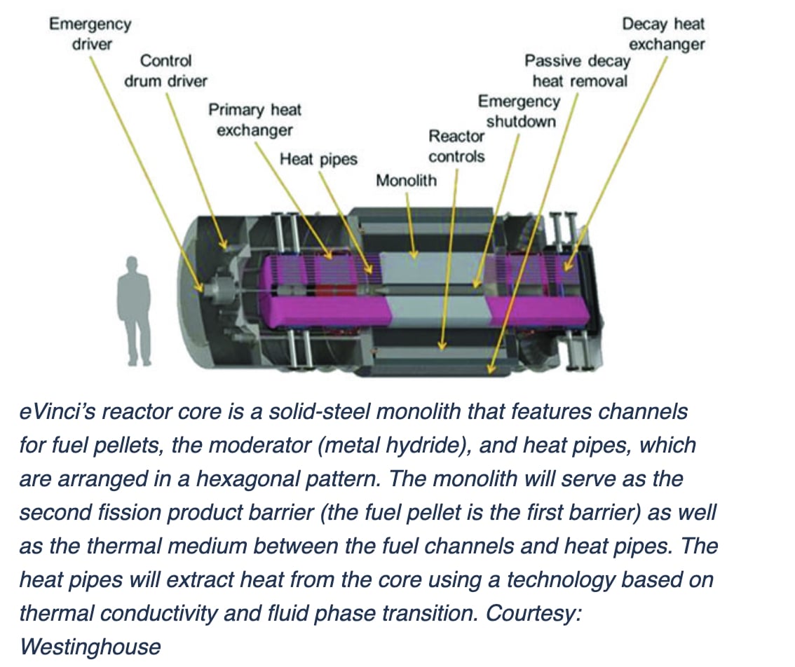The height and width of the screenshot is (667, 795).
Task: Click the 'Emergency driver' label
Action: click(x=89, y=33)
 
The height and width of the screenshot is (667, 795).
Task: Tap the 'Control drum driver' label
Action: click(x=165, y=71)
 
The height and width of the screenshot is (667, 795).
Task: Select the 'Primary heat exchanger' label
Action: click(x=254, y=120)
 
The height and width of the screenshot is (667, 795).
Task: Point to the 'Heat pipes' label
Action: click(x=318, y=159)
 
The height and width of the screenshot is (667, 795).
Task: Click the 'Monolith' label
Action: click(x=406, y=181)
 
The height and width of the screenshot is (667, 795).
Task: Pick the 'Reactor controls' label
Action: click(x=456, y=146)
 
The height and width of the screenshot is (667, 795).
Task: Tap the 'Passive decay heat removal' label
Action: click(x=578, y=70)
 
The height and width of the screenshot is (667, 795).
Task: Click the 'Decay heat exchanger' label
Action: click(x=665, y=34)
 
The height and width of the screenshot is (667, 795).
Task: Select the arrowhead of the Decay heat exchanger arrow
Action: click(x=567, y=267)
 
